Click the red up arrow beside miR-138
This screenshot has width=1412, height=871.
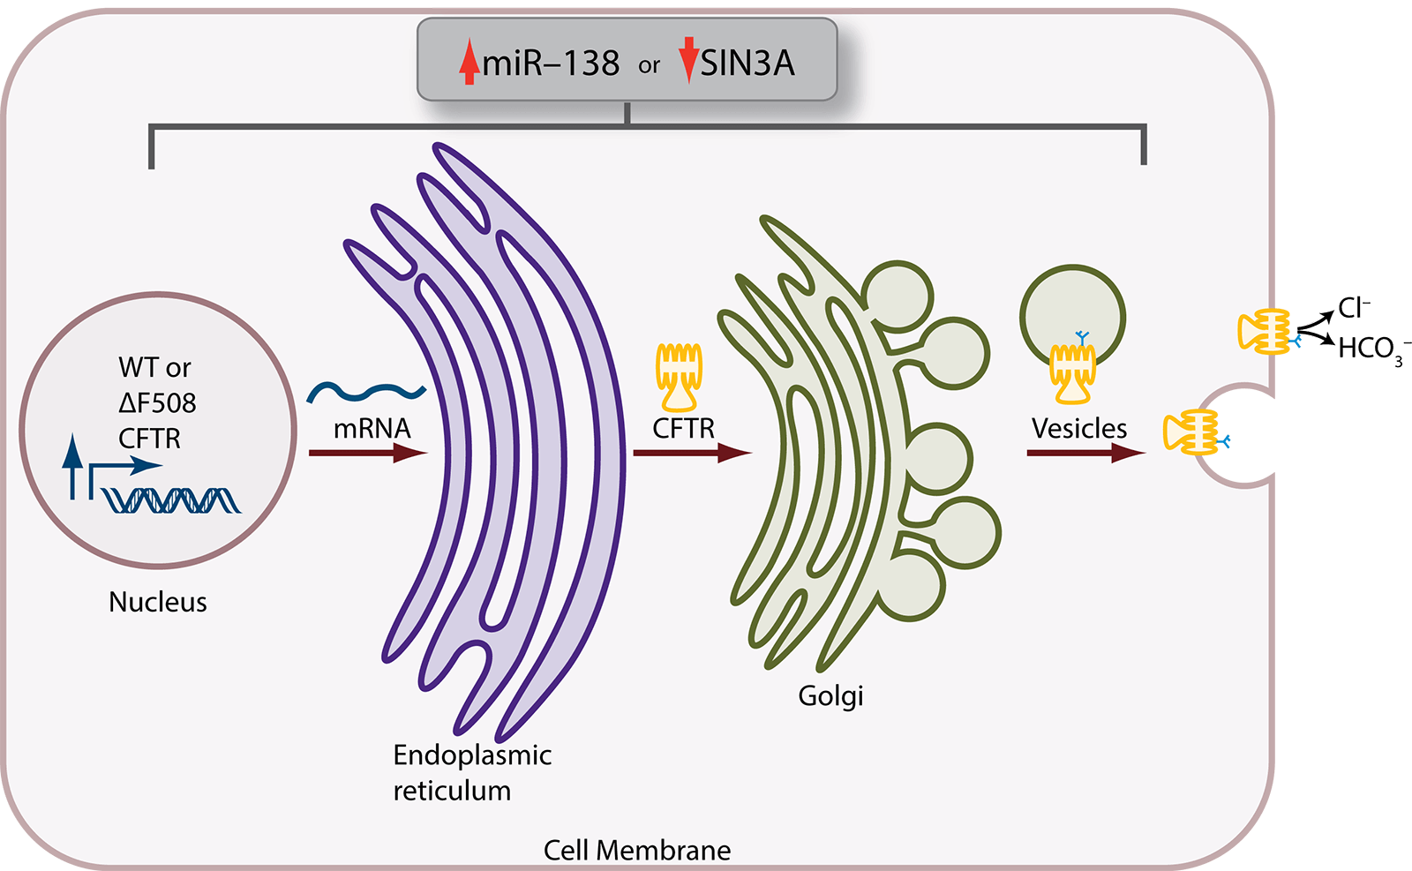pos(469,63)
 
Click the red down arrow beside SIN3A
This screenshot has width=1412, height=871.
pos(688,60)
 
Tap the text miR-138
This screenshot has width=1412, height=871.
pos(551,64)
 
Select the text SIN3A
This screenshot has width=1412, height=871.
pos(747,64)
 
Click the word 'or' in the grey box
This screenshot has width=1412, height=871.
pos(649,65)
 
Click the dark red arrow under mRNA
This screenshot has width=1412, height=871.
pos(367,453)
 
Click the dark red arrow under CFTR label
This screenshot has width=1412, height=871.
pos(691,453)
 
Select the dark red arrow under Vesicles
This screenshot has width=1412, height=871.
pos(1085,453)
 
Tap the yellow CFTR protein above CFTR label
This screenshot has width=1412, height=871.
pos(679,378)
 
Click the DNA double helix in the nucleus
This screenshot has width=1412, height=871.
pos(172,500)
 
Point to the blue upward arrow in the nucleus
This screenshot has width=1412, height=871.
pos(72,465)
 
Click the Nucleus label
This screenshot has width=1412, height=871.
pos(158,602)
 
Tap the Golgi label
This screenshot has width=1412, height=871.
pos(830,695)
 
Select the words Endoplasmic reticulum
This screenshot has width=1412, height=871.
pos(471,772)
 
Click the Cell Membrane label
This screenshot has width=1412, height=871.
pos(636,850)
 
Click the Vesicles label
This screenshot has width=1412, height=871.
pos(1078,428)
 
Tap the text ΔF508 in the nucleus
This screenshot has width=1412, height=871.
pos(157,402)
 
